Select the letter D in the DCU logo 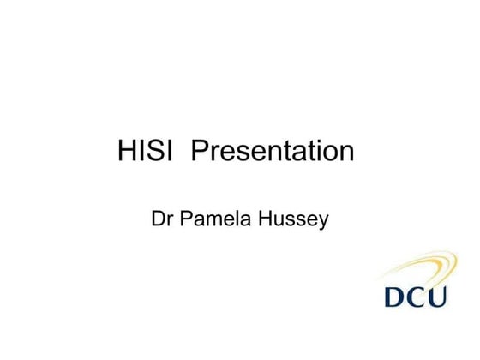click(396, 298)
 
